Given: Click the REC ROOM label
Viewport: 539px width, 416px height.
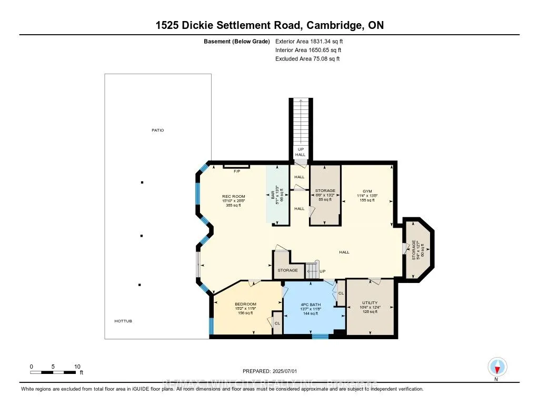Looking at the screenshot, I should tap(234, 197).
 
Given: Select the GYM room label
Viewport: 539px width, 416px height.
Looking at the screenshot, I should tap(367, 191).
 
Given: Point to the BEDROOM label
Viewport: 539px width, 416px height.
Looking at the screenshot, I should tap(246, 304).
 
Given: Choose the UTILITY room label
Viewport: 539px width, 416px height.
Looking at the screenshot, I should tap(370, 303).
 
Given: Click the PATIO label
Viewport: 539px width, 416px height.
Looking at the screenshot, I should tap(157, 130).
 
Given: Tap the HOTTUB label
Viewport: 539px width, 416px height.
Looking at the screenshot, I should tap(123, 321).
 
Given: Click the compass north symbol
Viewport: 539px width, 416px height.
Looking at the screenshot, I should tap(496, 367).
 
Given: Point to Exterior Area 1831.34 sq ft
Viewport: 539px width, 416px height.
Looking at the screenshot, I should tap(309, 40).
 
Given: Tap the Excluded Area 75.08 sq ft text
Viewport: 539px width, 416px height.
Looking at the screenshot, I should tap(307, 59).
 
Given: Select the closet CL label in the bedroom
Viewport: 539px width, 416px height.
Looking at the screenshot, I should tap(277, 323).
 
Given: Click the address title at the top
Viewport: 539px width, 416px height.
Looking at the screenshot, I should tap(269, 25).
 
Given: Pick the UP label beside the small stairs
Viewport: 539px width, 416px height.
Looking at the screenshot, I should tap(323, 271).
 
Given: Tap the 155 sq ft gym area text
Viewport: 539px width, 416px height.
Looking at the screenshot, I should tap(367, 201).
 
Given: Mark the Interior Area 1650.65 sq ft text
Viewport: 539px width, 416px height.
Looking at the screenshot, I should tap(308, 50).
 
